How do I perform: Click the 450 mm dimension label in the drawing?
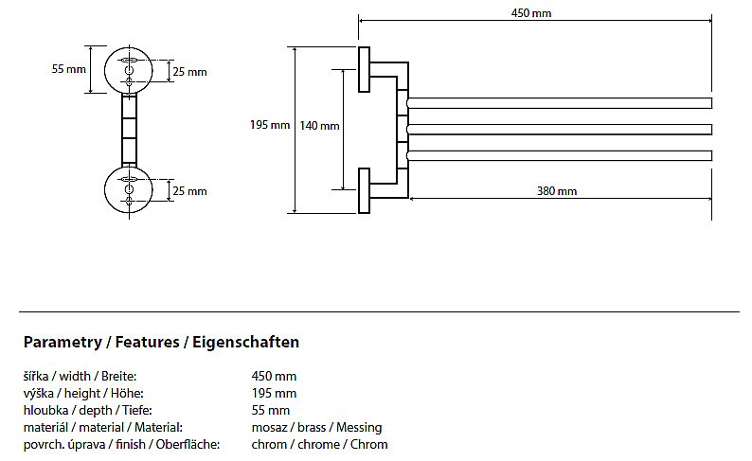(x=531, y=13)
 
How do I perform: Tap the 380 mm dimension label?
(x=557, y=191)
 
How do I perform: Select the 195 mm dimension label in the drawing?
(x=270, y=125)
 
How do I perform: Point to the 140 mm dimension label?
(x=320, y=125)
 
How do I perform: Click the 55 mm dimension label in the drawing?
(x=69, y=69)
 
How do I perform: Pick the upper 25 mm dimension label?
(x=189, y=72)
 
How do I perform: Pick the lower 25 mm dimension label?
(x=189, y=191)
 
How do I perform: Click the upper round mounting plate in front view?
(x=130, y=69)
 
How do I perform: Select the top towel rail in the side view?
(x=559, y=103)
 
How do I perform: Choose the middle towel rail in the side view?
(x=559, y=129)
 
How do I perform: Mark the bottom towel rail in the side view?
(x=559, y=155)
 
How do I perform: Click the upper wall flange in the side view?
(x=364, y=69)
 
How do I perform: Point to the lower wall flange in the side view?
(x=364, y=192)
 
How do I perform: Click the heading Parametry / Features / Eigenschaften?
(x=161, y=342)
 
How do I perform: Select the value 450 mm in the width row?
(x=274, y=376)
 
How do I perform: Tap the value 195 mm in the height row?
(x=274, y=393)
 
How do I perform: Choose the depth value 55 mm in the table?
(x=271, y=410)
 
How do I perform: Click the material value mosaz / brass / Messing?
(x=316, y=427)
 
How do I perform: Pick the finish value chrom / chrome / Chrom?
(x=319, y=444)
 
